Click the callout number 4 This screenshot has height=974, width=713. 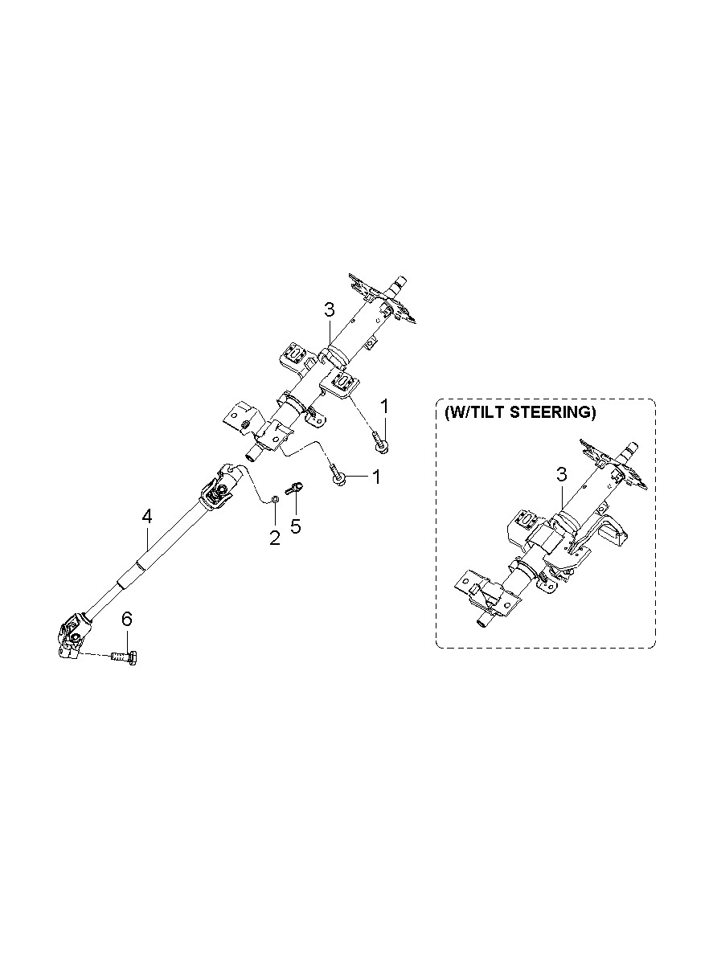pos(147,517)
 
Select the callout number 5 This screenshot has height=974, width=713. pos(295,526)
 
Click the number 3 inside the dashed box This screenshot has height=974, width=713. pos(562,475)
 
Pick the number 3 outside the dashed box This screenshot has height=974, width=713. pos(330,310)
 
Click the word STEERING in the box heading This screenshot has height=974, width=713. pos(552,412)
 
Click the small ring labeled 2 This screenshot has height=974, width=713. pos(274,499)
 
